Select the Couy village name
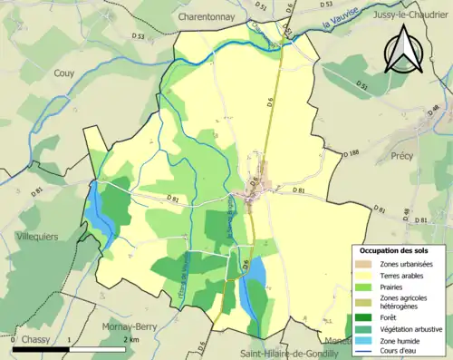coord(64,73)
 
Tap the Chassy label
coord(36,339)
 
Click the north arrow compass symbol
coord(404,50)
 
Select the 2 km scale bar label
coord(130,339)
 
